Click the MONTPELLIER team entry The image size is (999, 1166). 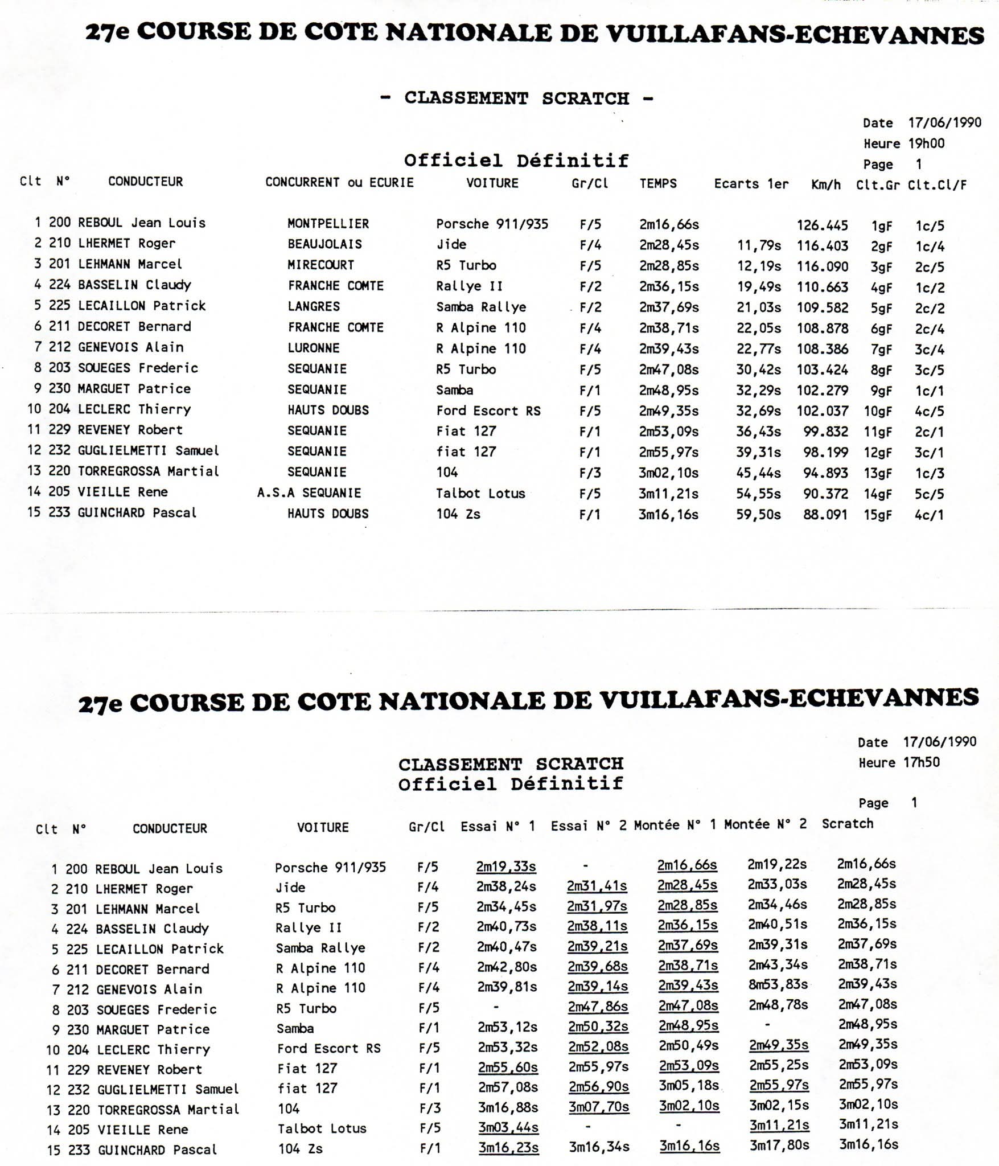[328, 224]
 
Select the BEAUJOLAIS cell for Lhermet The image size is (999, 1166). [324, 244]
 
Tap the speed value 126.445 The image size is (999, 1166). [822, 225]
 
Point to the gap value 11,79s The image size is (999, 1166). [758, 246]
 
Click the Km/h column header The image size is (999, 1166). [826, 184]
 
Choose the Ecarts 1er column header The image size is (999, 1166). [751, 184]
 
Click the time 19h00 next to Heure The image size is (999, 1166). [926, 143]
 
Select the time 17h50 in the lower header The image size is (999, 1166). [922, 762]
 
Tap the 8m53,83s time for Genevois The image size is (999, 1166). [778, 984]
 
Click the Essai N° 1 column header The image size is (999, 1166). [498, 826]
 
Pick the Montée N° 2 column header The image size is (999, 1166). [765, 824]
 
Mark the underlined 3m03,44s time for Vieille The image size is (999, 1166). [508, 1127]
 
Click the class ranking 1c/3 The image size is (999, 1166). [930, 473]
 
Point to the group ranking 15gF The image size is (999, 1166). [877, 515]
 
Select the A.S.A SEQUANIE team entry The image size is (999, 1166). [309, 493]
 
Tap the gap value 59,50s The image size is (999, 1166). [758, 515]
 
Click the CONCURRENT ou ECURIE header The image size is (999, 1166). [339, 183]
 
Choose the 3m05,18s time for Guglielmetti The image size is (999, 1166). [689, 1085]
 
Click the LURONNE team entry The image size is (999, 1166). [313, 348]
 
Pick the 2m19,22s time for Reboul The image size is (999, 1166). [777, 864]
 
